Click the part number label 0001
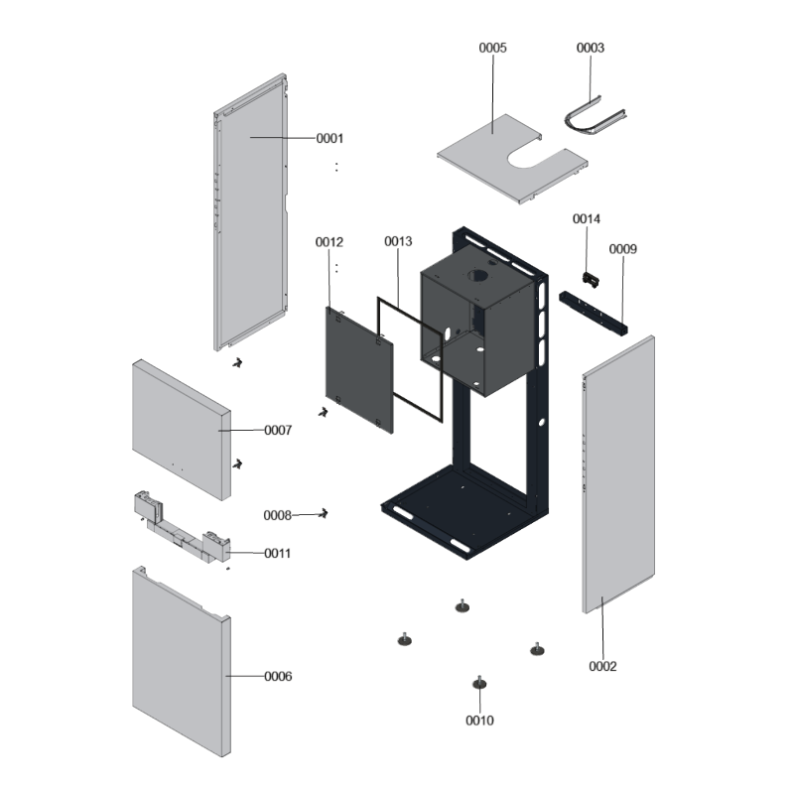point(330,138)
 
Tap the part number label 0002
point(602,666)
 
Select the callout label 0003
point(591,48)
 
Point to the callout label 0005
point(493,48)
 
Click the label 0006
point(278,676)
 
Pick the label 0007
point(278,431)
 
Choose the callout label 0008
point(277,515)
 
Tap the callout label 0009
point(622,249)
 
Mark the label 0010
point(479,721)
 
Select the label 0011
point(277,553)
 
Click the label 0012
point(330,242)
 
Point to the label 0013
point(398,241)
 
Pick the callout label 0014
point(587,218)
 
